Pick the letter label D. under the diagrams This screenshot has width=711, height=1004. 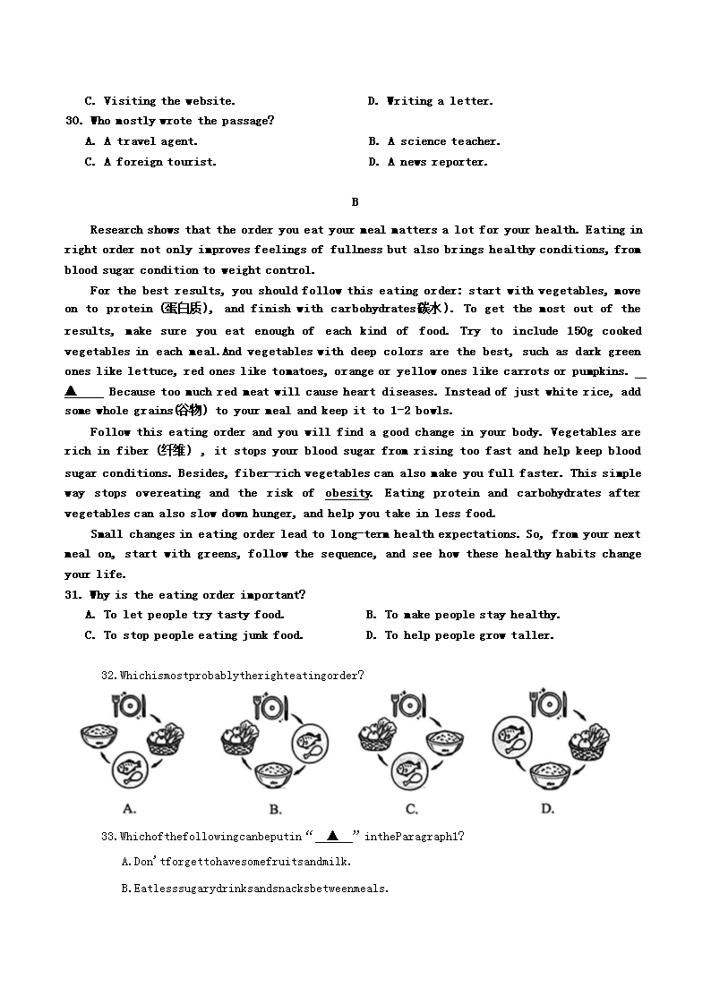(x=547, y=809)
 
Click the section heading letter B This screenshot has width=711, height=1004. (x=355, y=202)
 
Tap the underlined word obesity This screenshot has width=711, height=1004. (x=347, y=493)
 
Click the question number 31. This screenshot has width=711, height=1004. (x=73, y=595)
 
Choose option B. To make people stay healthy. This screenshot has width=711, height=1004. (x=463, y=615)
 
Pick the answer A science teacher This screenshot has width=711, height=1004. (x=443, y=141)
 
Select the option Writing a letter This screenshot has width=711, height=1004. (x=439, y=101)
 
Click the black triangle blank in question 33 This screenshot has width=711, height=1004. (x=333, y=836)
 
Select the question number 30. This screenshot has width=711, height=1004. (x=73, y=121)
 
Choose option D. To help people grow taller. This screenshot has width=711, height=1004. (x=460, y=635)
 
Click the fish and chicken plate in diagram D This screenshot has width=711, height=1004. (x=513, y=738)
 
